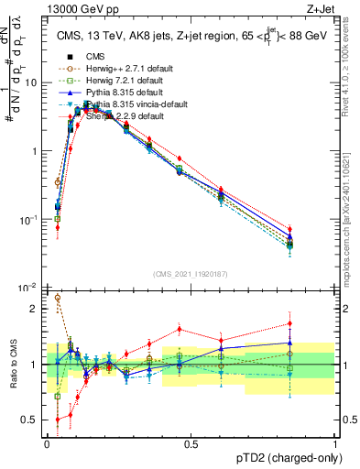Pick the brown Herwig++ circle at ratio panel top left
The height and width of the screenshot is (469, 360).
tap(58, 298)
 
